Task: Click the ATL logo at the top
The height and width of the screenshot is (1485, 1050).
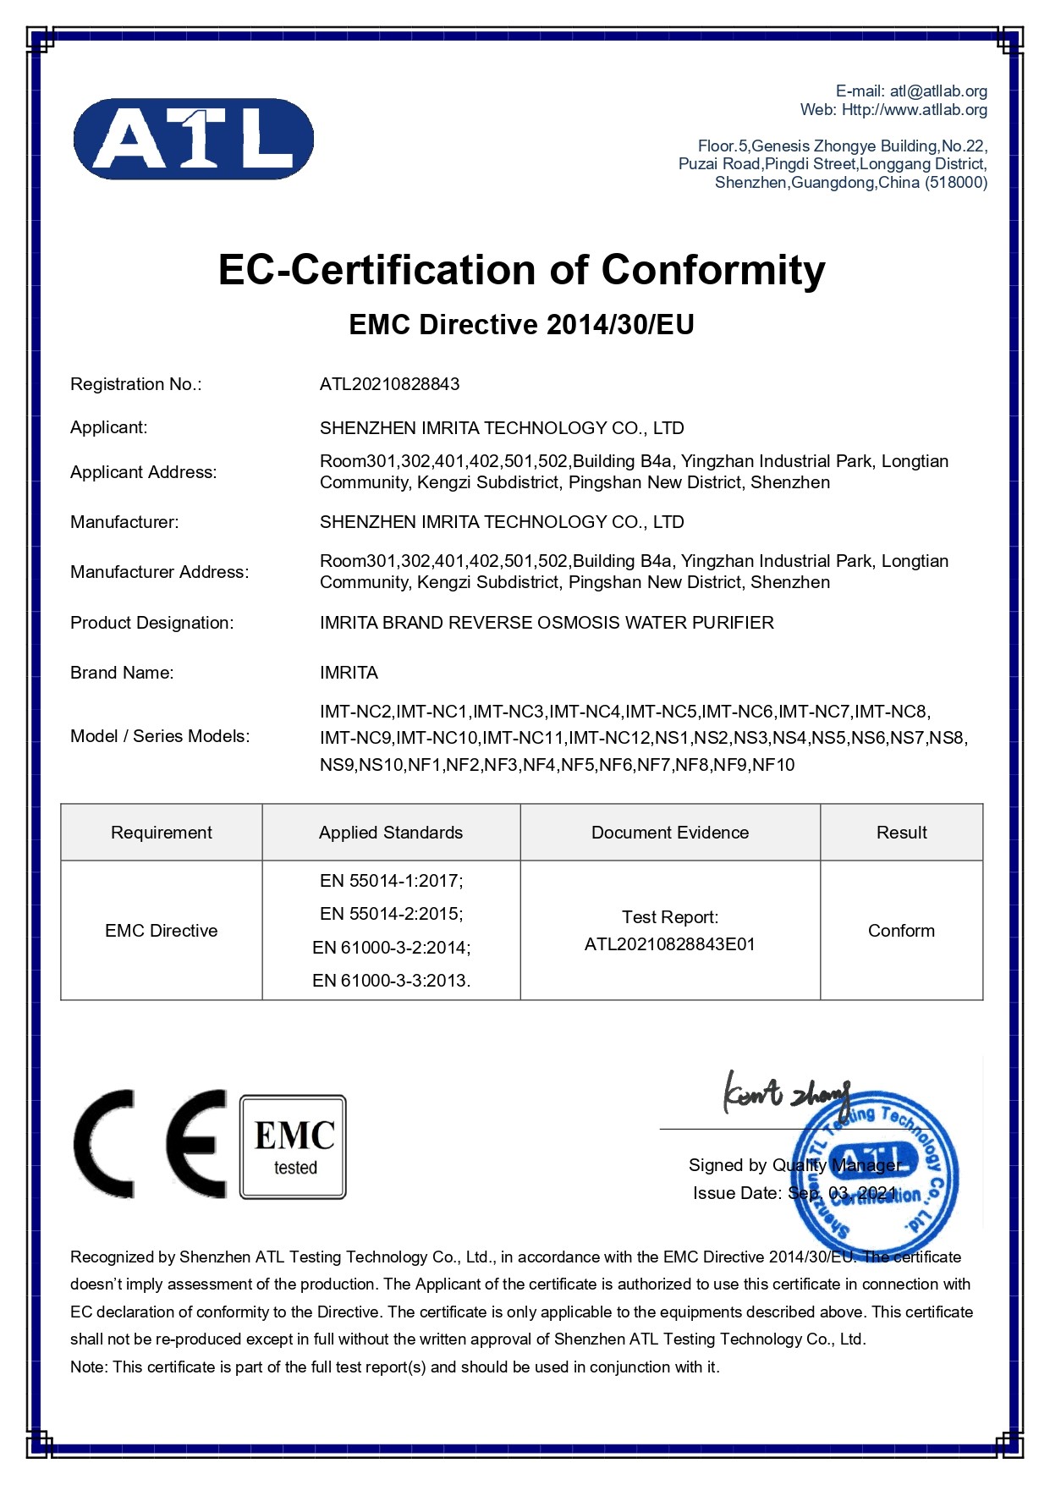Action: (x=194, y=139)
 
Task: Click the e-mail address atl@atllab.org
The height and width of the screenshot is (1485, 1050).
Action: (x=938, y=91)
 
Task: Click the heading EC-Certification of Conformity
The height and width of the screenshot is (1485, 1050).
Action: (x=521, y=271)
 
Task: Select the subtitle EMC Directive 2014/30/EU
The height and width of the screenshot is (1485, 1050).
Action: (x=521, y=325)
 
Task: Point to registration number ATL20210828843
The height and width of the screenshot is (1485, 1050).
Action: (x=389, y=384)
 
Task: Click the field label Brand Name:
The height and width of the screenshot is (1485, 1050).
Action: (x=122, y=673)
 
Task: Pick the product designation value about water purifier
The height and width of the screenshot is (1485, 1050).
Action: (x=547, y=623)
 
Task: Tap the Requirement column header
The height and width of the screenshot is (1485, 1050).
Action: (x=162, y=833)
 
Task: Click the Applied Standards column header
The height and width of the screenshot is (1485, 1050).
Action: (x=391, y=833)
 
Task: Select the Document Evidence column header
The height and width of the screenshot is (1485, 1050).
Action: (x=670, y=833)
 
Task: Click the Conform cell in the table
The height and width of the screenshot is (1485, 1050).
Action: (x=901, y=931)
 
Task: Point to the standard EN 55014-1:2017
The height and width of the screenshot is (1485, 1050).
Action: (x=391, y=881)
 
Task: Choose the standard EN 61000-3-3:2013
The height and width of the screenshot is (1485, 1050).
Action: (x=391, y=981)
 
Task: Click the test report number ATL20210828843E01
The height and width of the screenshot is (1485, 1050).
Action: (x=670, y=944)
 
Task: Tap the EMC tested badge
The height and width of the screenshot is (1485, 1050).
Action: (x=293, y=1147)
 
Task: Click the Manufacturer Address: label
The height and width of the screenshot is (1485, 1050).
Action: (x=160, y=572)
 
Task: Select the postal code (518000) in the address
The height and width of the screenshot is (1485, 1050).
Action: (x=955, y=183)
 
